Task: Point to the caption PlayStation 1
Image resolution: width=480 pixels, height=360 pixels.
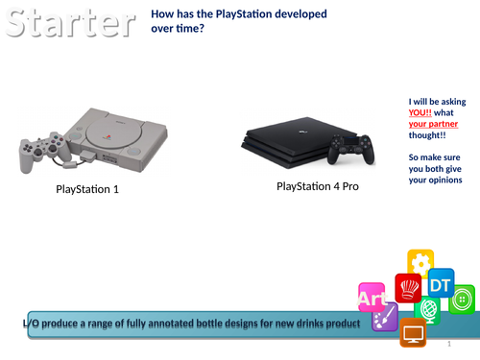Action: [x=86, y=189]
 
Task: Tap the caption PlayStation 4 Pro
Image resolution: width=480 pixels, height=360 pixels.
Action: [x=318, y=185]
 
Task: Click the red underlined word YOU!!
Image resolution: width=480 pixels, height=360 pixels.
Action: [x=420, y=113]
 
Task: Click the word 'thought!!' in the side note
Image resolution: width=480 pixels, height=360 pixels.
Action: [x=429, y=136]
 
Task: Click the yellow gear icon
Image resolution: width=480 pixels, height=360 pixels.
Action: [x=420, y=262]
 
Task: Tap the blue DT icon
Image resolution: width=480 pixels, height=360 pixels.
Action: [x=440, y=285]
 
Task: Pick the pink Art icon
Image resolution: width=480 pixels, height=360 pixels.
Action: [x=371, y=299]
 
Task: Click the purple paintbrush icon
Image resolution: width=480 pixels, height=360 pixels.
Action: [x=385, y=316]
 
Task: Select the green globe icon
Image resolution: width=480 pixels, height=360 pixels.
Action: [x=428, y=311]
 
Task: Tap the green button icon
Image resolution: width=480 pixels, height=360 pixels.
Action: [x=462, y=299]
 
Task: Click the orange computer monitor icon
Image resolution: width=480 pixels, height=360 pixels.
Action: [x=414, y=333]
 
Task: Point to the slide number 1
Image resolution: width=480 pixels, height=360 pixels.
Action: [x=449, y=344]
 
